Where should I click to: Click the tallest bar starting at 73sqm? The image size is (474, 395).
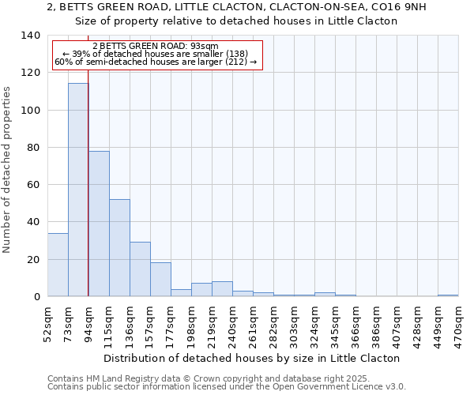click(78, 190)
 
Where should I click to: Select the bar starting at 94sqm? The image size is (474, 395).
click(99, 224)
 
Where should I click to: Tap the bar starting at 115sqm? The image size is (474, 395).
click(119, 248)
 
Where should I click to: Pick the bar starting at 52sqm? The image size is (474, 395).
click(58, 265)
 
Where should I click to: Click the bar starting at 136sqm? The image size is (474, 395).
click(140, 269)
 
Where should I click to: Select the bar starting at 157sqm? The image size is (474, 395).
click(160, 280)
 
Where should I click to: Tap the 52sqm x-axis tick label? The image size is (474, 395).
click(47, 324)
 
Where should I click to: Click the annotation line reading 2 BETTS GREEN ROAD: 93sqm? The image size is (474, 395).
click(156, 47)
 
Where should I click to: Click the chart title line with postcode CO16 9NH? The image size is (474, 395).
click(236, 6)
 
